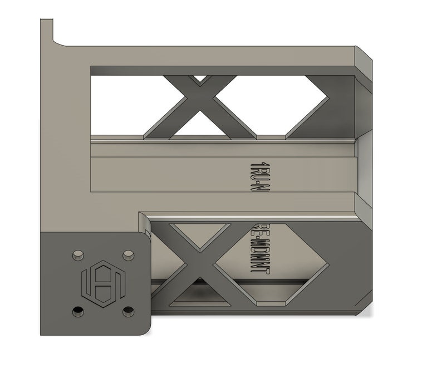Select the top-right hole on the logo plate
point(128,255)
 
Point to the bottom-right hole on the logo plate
point(129,309)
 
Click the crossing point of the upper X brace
point(200,105)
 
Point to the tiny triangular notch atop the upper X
point(199,79)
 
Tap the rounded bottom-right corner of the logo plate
point(145,328)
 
